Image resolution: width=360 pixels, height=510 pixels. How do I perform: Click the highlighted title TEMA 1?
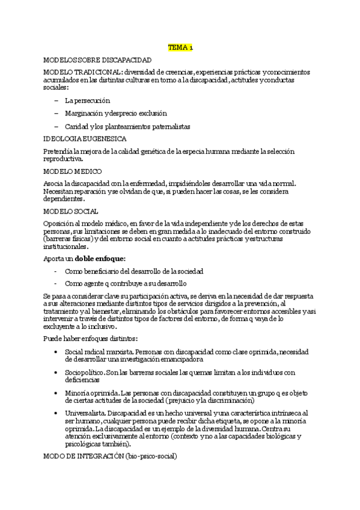tap(180, 48)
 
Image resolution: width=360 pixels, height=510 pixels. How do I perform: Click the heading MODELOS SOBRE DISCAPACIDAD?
tap(97, 61)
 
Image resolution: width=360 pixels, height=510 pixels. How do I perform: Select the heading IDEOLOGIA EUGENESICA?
tap(85, 139)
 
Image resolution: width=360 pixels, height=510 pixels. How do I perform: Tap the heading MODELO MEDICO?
tap(70, 171)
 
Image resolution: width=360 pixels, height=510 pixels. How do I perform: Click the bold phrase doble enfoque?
tap(100, 259)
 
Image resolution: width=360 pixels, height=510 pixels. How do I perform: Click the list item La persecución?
tap(88, 100)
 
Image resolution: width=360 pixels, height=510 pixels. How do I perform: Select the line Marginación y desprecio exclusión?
tap(116, 113)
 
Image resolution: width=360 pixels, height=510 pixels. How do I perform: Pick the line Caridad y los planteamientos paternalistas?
tap(127, 126)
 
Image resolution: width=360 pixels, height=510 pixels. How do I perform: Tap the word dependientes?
tap(64, 198)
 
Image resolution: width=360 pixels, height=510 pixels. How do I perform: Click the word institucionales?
tap(66, 246)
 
